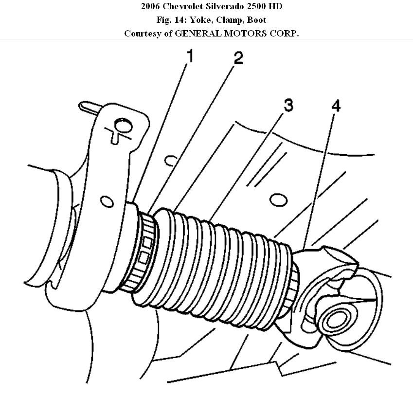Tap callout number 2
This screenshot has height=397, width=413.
click(x=237, y=59)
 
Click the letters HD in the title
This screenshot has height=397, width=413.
click(x=274, y=6)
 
